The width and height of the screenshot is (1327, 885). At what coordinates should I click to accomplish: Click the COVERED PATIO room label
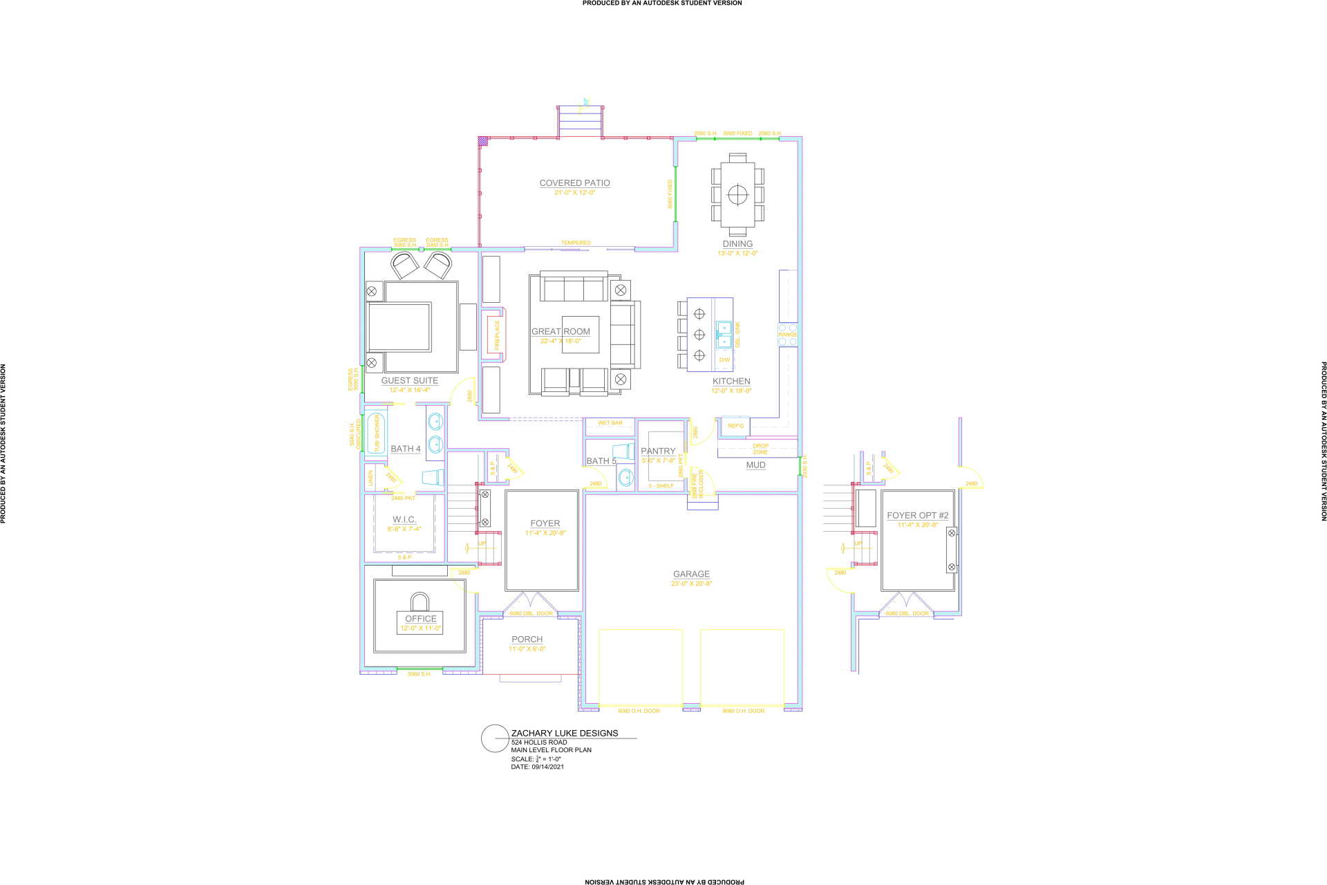click(574, 183)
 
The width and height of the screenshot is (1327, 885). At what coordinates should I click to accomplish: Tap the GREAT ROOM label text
click(561, 332)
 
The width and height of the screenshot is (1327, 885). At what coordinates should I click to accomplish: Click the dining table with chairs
click(737, 194)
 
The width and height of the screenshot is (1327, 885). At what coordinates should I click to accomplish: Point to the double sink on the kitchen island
click(724, 334)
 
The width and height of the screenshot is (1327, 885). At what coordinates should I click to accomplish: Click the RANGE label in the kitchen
click(788, 335)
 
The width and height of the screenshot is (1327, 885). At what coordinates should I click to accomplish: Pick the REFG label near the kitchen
click(735, 426)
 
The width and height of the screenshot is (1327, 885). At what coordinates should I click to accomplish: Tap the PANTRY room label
click(658, 451)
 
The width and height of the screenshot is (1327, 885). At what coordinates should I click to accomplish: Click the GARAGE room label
click(691, 574)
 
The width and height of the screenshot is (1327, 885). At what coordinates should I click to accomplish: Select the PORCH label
click(527, 640)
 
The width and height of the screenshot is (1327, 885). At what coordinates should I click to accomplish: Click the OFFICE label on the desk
click(421, 619)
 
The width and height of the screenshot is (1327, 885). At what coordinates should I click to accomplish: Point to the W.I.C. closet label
click(404, 519)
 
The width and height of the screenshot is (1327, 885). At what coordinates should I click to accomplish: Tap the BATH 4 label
click(405, 449)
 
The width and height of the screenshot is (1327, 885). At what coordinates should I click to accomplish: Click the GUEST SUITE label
click(410, 380)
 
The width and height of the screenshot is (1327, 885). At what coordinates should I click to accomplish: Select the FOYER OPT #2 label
click(917, 515)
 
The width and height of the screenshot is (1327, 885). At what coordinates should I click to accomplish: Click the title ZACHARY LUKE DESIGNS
click(565, 733)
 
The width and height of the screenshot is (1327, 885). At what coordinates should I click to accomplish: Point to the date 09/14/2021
click(547, 767)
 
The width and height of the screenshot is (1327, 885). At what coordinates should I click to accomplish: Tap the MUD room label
click(755, 465)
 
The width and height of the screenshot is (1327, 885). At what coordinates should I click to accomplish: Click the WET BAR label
click(610, 423)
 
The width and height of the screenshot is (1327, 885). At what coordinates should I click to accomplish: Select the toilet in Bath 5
click(623, 451)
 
